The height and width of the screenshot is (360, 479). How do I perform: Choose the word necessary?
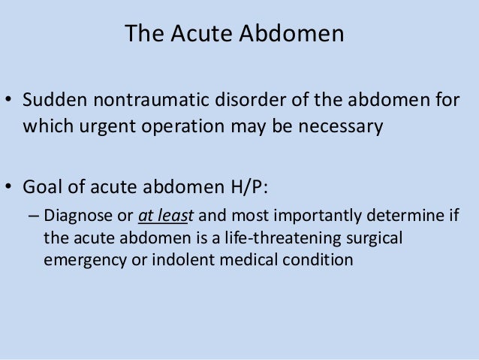(342, 126)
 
